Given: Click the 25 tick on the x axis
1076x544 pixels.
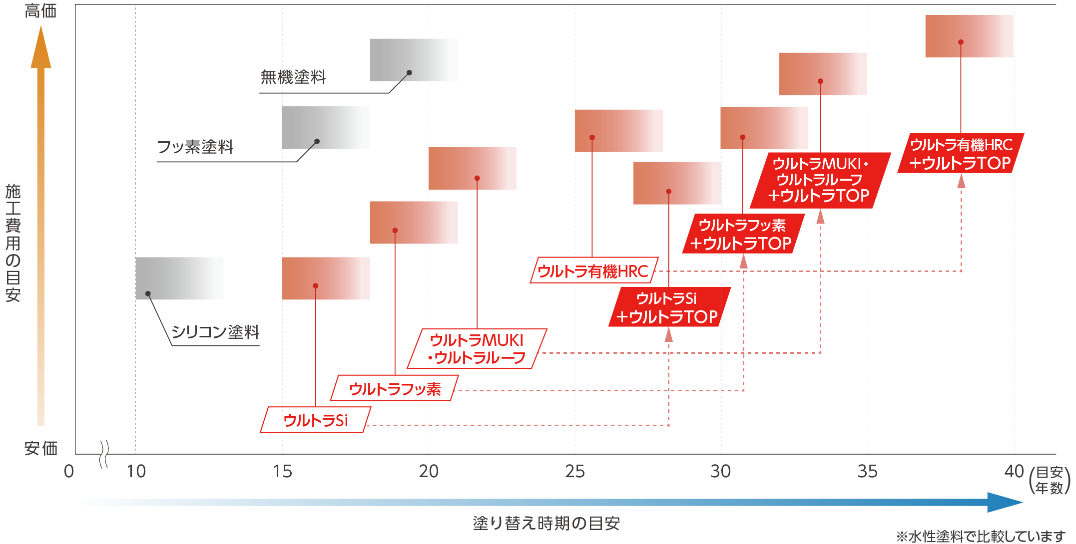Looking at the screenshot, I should coord(574,471).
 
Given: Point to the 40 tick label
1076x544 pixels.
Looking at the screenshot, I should coord(1014,471).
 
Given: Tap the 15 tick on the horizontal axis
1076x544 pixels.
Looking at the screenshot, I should coord(282,471).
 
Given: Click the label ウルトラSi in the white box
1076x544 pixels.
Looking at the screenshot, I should coord(315,420).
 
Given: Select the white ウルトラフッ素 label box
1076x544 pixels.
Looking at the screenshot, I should coord(395,388).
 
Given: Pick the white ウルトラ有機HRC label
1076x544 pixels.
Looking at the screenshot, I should coord(593,271).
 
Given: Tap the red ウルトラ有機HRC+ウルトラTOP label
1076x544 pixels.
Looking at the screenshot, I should coord(961,154).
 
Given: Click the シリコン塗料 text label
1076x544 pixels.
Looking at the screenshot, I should coord(215,332).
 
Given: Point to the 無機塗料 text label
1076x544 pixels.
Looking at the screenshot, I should coord(293,77).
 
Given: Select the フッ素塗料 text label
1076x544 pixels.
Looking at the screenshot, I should coord(195,147).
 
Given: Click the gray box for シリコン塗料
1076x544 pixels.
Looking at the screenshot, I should coord(179,278).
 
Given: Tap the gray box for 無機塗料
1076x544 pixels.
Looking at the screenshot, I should coord(414,59).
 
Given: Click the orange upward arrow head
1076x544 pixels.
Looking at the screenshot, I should coord(41,47).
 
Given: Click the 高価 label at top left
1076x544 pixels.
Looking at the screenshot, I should coord(40,11).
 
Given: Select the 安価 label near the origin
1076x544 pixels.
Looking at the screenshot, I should coord(40,448).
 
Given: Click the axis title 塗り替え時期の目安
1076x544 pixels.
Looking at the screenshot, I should coord(546,523).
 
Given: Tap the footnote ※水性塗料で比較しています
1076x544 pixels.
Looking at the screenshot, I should coord(980,537).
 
